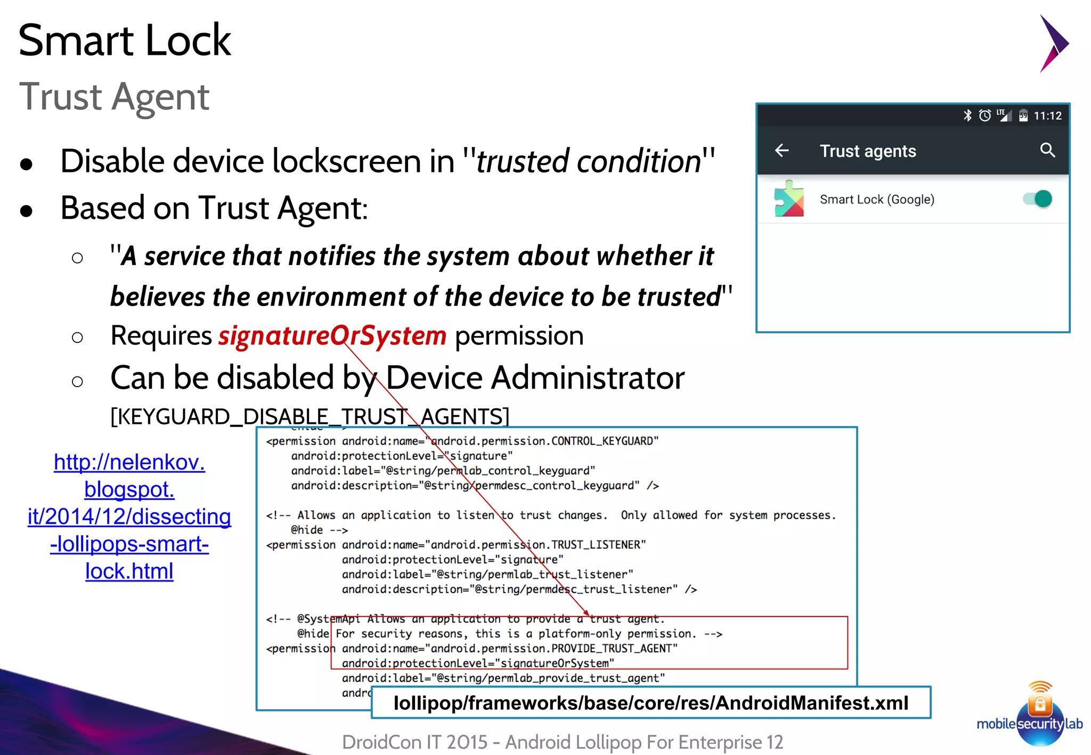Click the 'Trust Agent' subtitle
click(114, 97)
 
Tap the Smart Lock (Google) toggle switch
click(1038, 199)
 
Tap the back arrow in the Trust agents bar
click(781, 151)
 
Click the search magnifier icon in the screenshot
click(1047, 150)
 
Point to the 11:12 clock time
click(1047, 116)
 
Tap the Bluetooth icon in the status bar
click(967, 115)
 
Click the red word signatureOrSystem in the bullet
click(332, 335)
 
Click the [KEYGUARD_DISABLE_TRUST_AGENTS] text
click(310, 416)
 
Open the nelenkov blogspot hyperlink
click(129, 516)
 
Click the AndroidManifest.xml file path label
click(650, 703)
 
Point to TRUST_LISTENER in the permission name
click(596, 545)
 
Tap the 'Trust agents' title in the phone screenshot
click(867, 151)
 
